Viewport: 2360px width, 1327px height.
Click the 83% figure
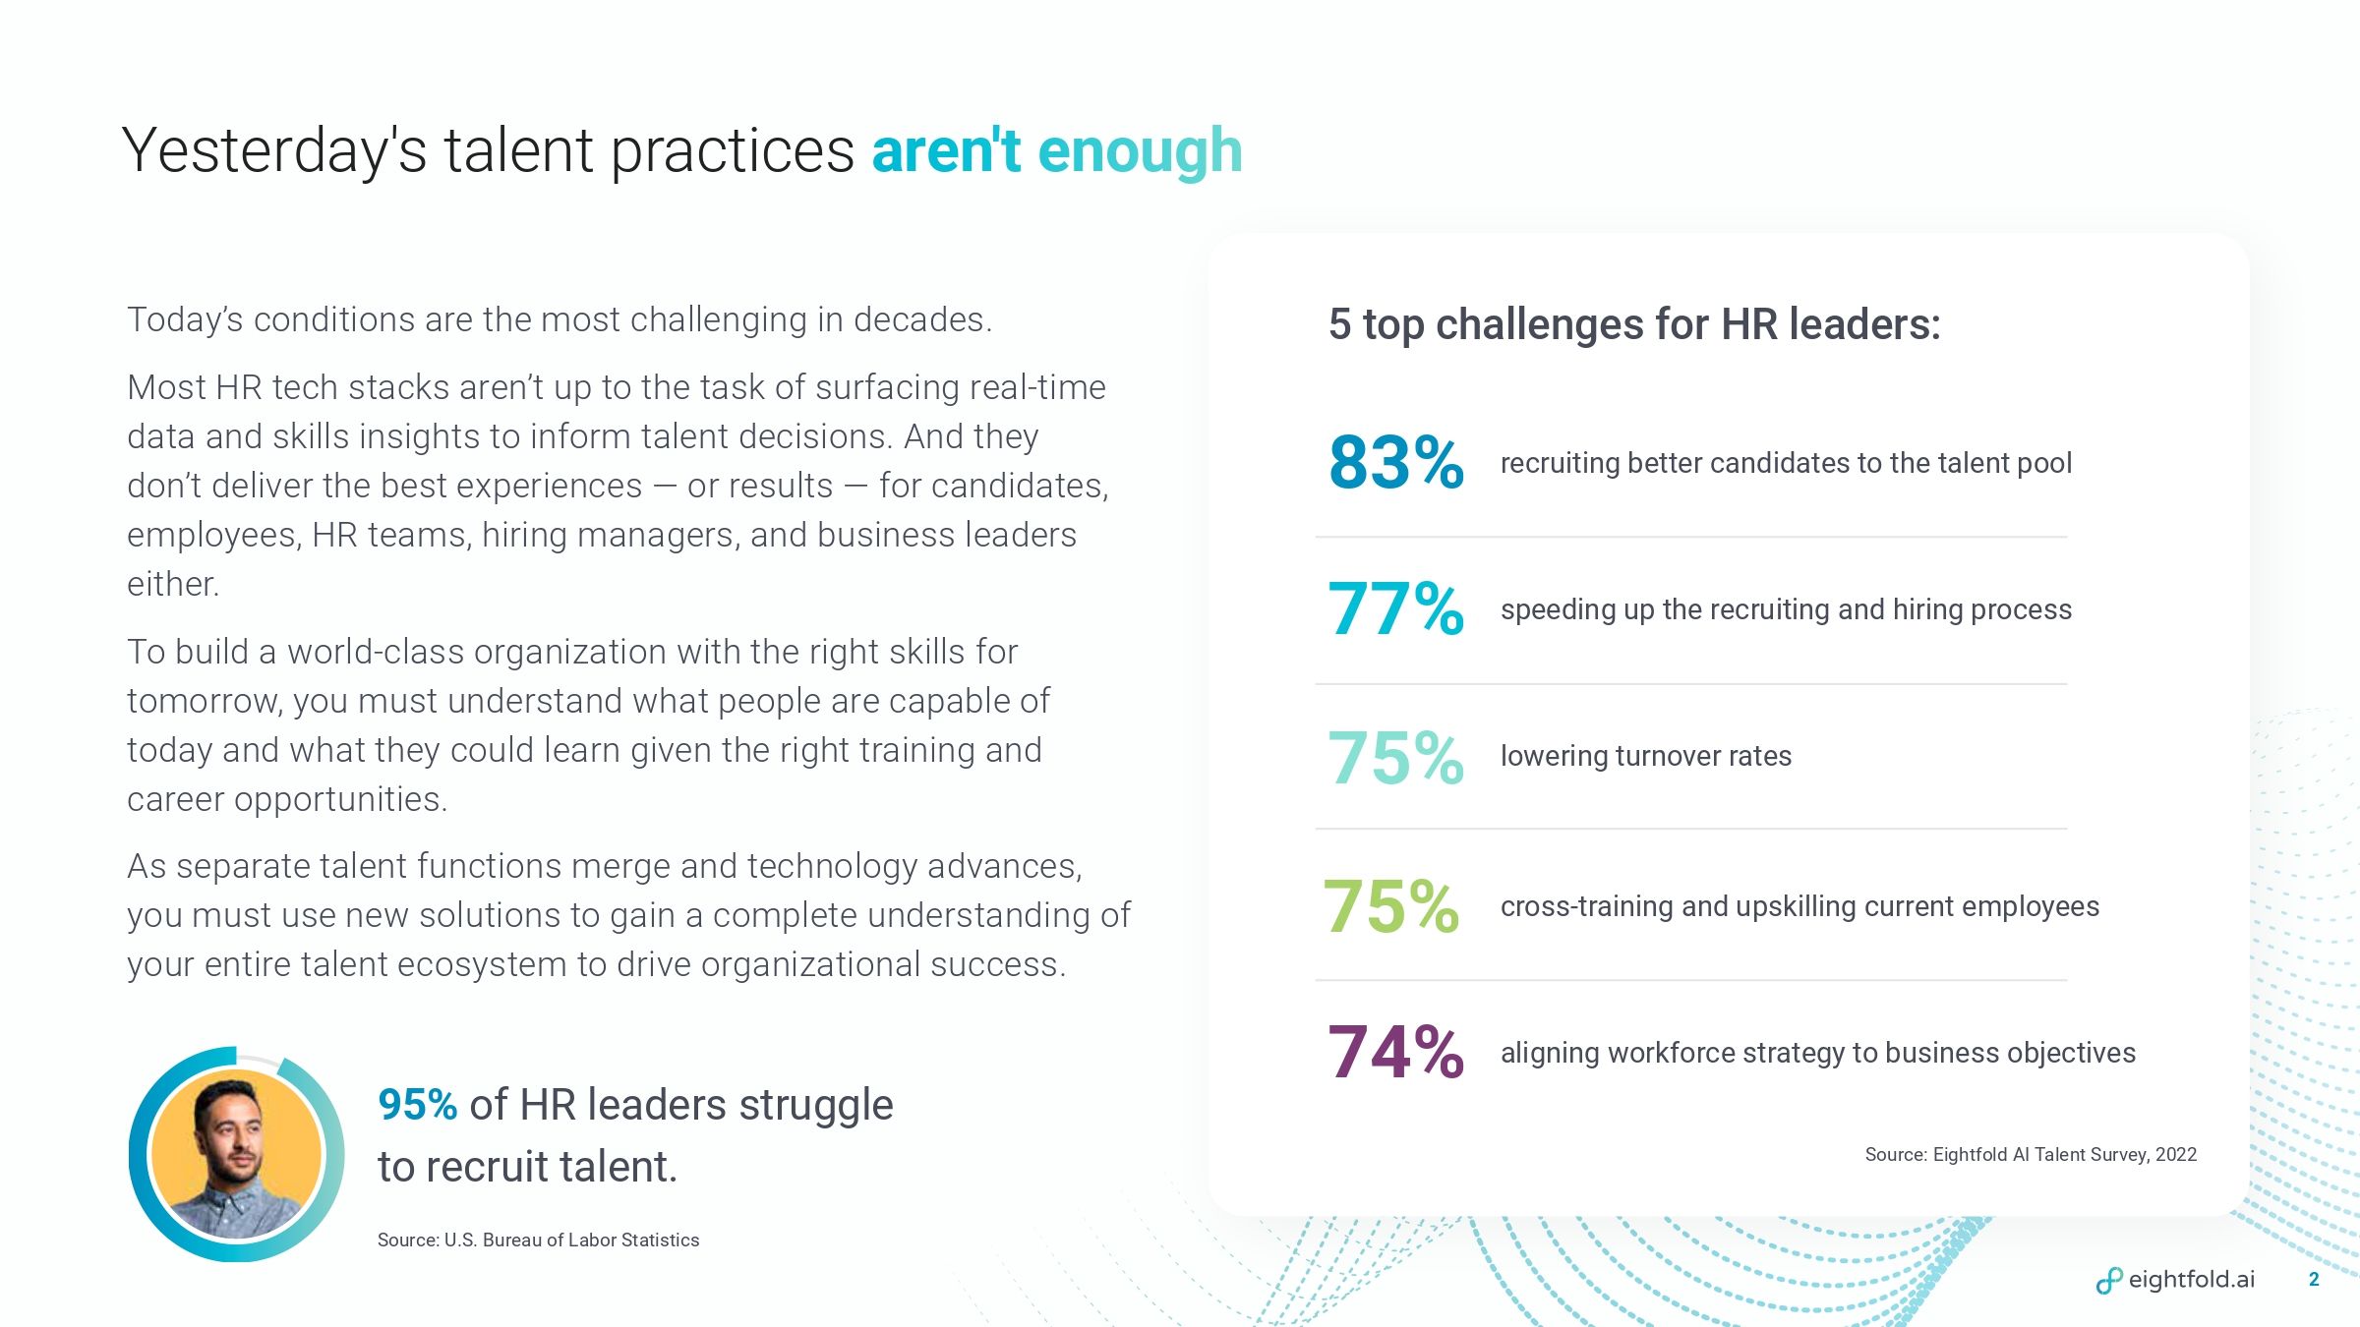[1395, 462]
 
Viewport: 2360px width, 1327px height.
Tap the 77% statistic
[1395, 609]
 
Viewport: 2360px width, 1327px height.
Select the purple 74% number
[1395, 1053]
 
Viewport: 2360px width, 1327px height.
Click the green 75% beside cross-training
[1390, 906]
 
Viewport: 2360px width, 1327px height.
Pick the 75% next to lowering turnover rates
[1395, 758]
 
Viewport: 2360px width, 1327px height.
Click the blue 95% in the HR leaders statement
[417, 1105]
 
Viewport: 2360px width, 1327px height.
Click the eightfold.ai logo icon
[2108, 1281]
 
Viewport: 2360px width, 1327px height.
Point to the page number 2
[2314, 1280]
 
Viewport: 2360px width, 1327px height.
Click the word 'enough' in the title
[1140, 151]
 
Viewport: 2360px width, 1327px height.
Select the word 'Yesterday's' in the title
[274, 151]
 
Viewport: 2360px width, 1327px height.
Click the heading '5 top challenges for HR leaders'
[1634, 324]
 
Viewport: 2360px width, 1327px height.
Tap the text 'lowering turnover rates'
[1645, 756]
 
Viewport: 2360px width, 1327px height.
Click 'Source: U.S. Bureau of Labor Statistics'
[538, 1240]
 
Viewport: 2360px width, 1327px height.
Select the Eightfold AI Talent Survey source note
[2030, 1155]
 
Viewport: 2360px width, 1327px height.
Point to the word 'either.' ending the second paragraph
[173, 584]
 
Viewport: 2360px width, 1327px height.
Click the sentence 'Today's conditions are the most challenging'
[559, 320]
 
